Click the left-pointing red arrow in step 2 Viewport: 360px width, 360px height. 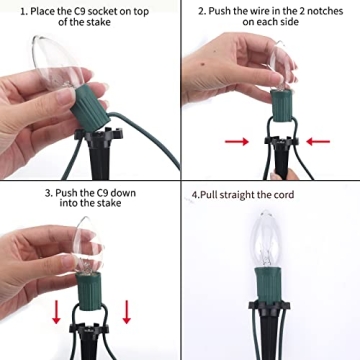tap(318, 142)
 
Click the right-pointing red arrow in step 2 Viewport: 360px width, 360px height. tap(237, 142)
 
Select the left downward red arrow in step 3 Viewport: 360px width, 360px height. tap(56, 312)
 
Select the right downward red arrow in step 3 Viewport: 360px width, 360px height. tap(127, 312)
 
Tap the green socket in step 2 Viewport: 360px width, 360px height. tap(282, 105)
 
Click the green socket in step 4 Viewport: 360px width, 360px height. tap(269, 284)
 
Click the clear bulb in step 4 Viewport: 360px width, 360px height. tap(267, 239)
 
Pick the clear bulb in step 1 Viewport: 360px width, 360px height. tap(57, 62)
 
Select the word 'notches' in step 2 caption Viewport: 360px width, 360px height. tap(325, 11)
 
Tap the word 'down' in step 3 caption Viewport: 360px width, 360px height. tap(124, 193)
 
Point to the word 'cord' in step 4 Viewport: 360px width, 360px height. tap(283, 195)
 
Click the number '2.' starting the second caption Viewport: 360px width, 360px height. tap(202, 11)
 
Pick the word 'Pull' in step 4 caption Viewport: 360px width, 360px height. tap(209, 195)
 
